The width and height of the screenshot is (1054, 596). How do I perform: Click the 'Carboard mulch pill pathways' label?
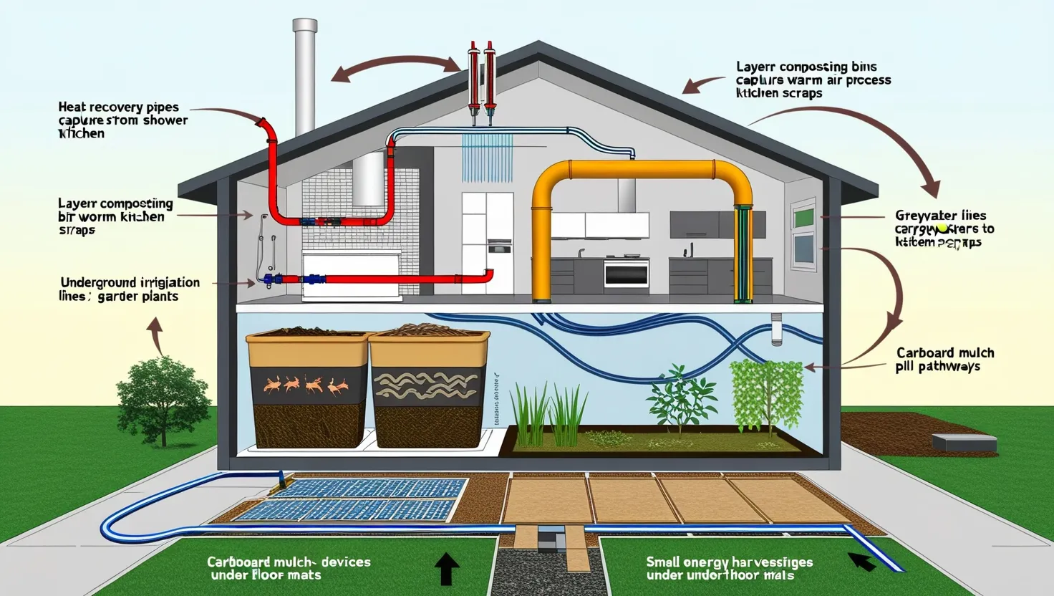tap(944, 360)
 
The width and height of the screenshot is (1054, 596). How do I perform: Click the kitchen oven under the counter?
tap(627, 273)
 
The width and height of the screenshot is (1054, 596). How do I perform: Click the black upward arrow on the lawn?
tap(447, 569)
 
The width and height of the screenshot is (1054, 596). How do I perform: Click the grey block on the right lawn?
tap(964, 442)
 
